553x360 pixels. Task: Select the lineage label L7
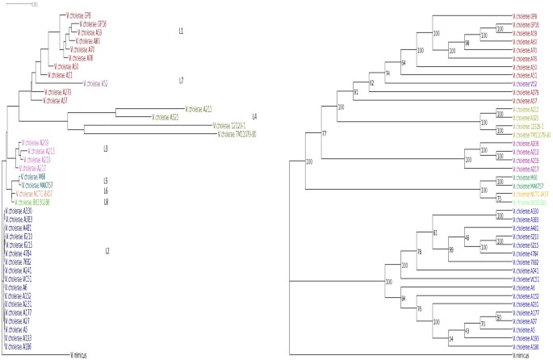pos(182,82)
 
